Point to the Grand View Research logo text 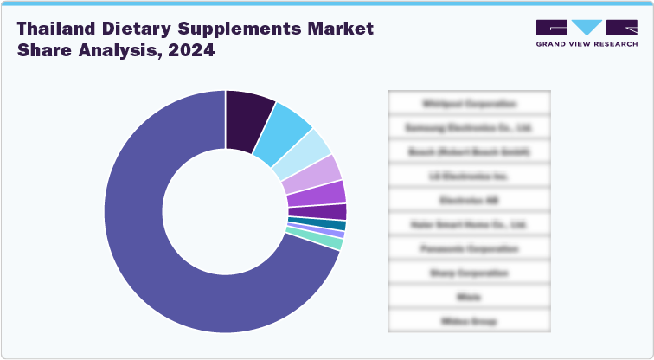coord(587,43)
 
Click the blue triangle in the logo coord(587,28)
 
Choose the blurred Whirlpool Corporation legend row coord(470,103)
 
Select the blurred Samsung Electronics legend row coord(470,127)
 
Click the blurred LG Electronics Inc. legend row coord(470,176)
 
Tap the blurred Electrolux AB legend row coord(470,200)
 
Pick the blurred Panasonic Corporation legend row coord(470,248)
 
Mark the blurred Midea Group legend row coord(470,321)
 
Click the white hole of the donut coord(225,212)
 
